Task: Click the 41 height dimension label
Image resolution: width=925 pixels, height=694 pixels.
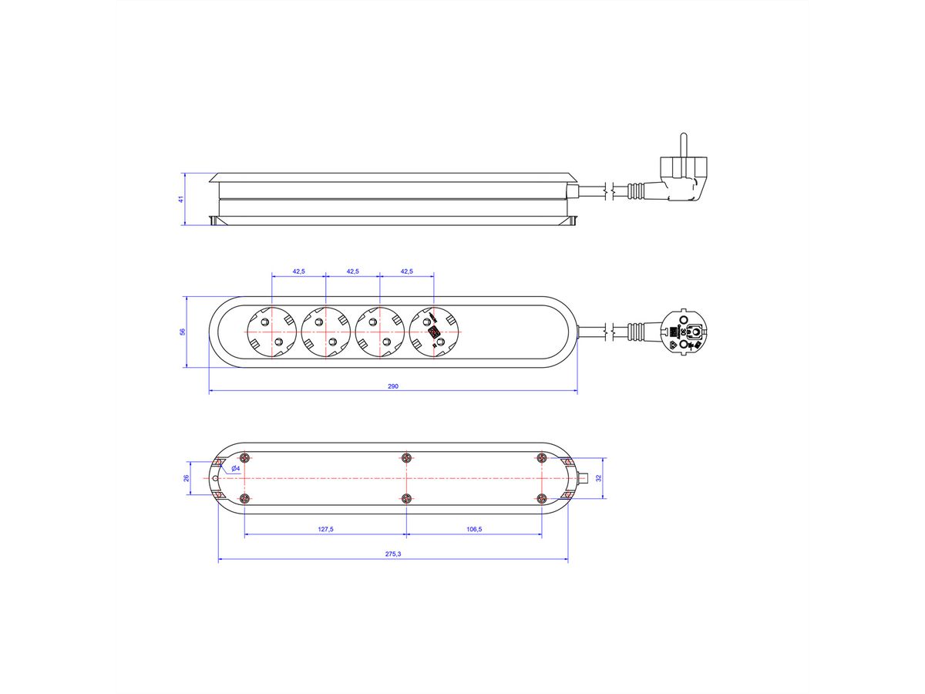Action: (181, 199)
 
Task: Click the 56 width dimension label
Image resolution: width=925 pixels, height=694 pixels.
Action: (183, 332)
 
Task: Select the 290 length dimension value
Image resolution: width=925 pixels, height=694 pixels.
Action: (393, 386)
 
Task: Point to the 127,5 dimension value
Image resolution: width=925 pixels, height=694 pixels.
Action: (325, 529)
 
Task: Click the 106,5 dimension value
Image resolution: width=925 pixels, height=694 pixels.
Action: (474, 529)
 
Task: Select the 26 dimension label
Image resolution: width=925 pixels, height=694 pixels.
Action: (187, 478)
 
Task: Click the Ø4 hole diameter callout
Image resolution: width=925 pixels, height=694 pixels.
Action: (236, 468)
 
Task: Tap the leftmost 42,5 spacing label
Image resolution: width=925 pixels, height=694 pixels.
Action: (298, 271)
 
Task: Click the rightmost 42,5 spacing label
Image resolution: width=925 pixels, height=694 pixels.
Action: (406, 271)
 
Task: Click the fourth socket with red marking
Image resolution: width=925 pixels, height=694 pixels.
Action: (434, 332)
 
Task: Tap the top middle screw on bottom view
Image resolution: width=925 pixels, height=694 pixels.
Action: (406, 458)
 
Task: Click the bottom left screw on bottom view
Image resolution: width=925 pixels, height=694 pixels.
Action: (244, 498)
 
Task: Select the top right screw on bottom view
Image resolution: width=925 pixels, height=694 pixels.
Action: (541, 458)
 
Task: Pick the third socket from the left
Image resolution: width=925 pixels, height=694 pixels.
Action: (379, 332)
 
